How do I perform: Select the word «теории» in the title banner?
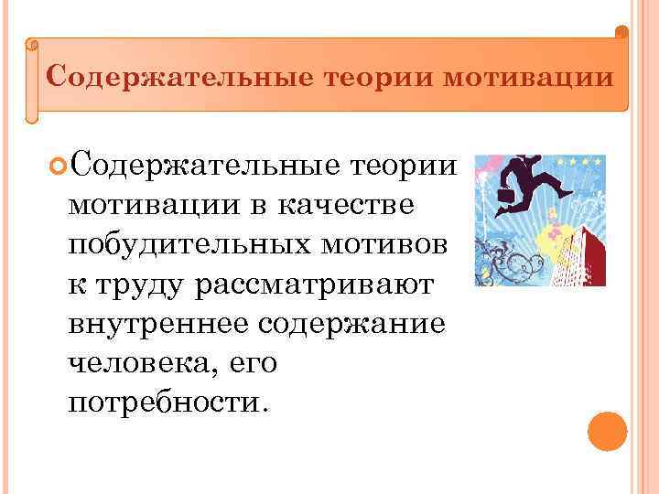click(377, 75)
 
